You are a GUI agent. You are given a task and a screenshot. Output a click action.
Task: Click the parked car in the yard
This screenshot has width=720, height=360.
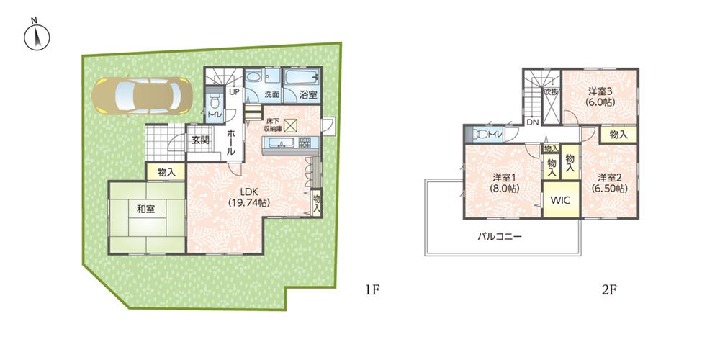pos(141,95)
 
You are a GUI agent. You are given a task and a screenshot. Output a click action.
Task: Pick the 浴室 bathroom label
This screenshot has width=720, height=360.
pos(308,95)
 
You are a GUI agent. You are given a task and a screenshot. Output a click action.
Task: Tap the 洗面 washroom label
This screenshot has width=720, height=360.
pos(271,95)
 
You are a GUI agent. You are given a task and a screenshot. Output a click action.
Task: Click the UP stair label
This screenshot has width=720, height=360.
pos(235,92)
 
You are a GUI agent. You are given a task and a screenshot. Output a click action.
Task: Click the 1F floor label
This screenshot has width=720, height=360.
pos(372,291)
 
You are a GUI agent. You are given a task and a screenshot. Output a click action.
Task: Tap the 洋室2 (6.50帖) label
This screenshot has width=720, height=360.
pos(609,182)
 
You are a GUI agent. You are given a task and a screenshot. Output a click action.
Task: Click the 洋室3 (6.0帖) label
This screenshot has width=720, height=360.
pos(599,96)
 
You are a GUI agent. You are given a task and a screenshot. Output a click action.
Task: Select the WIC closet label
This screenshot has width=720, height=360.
pos(561,201)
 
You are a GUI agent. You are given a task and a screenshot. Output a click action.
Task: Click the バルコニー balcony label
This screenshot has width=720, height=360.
pos(500,236)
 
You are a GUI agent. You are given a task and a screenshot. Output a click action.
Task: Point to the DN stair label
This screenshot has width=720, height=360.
pos(533,123)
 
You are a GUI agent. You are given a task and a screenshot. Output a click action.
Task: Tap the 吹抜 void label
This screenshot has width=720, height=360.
pos(551,92)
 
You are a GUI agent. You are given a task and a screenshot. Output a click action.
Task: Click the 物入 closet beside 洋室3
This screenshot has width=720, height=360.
pos(618,135)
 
